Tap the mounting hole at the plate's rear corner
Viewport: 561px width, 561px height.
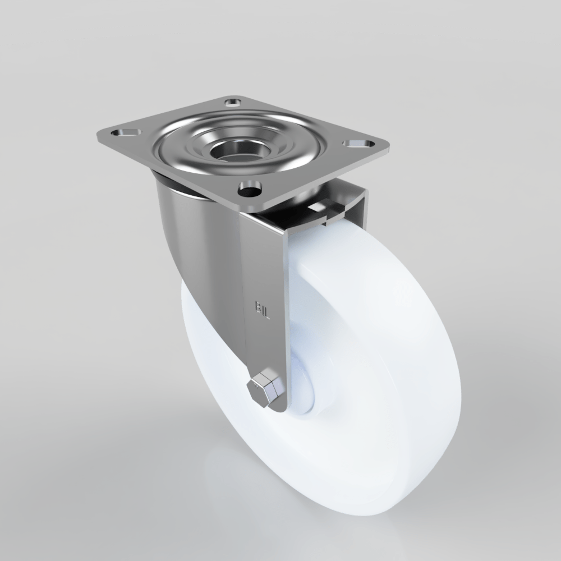click(232, 103)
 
